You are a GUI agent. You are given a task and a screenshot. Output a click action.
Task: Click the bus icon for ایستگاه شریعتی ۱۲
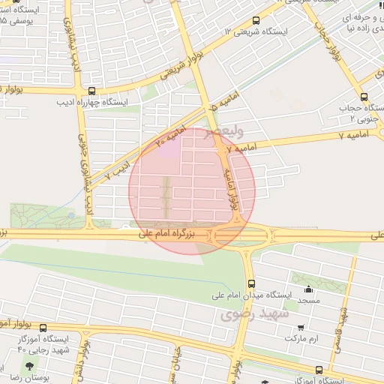(x=256, y=21)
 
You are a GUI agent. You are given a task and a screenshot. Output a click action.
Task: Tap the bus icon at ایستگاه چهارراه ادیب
(x=91, y=90)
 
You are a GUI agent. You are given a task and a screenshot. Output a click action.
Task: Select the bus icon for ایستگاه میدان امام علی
(x=251, y=283)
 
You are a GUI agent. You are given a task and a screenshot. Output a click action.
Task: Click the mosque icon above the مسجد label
(x=307, y=289)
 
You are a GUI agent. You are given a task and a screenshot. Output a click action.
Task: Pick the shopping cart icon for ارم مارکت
(x=301, y=328)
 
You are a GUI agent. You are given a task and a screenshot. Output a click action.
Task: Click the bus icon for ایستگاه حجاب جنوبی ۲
(x=364, y=97)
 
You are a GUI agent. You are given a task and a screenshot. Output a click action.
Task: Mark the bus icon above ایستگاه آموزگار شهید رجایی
(x=43, y=328)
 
